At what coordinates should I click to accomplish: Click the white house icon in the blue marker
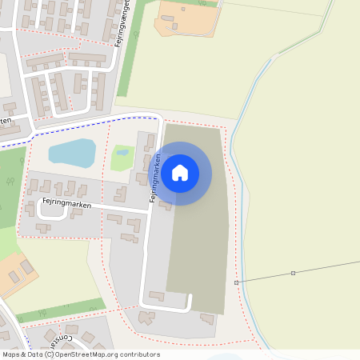point(180,172)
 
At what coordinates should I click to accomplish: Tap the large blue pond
point(72,152)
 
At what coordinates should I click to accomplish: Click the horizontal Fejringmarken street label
point(67,205)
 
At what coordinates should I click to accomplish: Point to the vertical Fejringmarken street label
point(157,178)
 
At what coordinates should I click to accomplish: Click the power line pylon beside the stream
point(236,282)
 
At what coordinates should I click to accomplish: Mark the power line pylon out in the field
point(293,274)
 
